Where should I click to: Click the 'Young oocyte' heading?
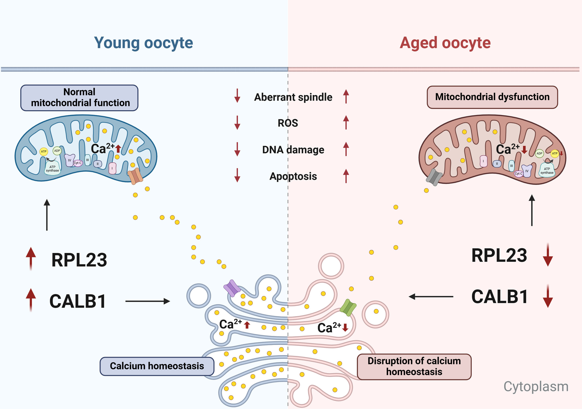(144, 43)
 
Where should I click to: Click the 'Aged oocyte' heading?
(445, 43)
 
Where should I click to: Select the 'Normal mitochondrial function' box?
(79, 98)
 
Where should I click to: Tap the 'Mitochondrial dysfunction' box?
(492, 97)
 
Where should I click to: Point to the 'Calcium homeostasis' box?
(157, 366)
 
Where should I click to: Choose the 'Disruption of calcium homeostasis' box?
(414, 367)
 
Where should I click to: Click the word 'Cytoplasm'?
(536, 387)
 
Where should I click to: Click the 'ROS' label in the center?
(288, 123)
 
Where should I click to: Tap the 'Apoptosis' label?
(293, 176)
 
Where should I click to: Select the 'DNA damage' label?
(293, 150)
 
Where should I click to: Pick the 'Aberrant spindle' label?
(293, 97)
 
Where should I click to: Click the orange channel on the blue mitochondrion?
(135, 176)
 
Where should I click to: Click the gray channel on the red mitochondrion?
(434, 177)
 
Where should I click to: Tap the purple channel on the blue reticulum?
(232, 288)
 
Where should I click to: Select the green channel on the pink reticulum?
(348, 307)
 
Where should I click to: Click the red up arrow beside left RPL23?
(31, 259)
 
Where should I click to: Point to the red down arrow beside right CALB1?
(548, 296)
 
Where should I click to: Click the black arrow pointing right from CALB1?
(148, 301)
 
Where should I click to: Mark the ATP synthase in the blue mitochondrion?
(52, 168)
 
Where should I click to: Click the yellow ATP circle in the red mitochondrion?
(555, 154)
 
